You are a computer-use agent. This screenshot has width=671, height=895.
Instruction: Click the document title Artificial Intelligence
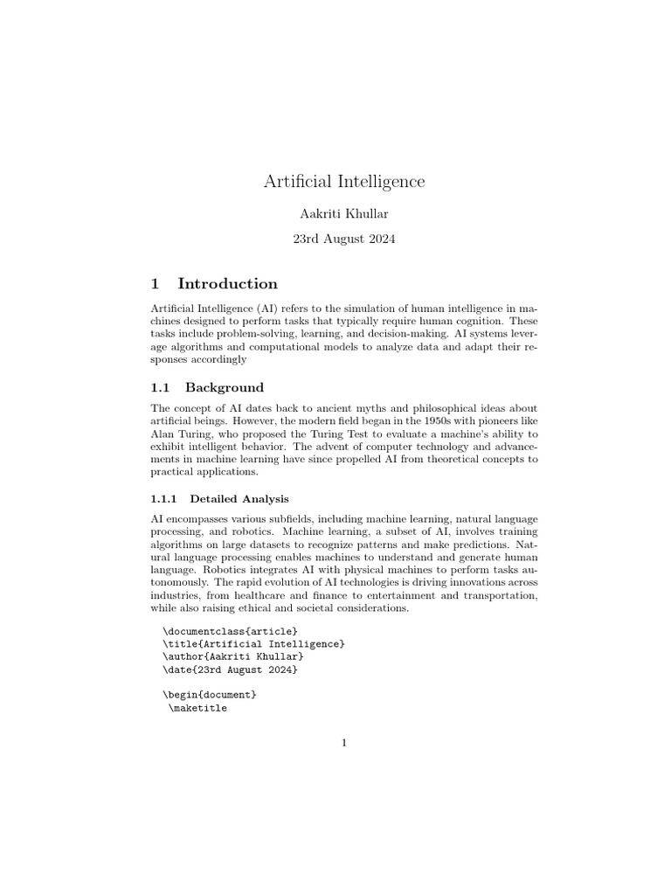(x=344, y=182)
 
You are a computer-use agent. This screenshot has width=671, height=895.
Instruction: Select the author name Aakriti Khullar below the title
(x=344, y=215)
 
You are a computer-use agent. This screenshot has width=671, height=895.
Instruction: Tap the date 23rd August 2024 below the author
(x=344, y=239)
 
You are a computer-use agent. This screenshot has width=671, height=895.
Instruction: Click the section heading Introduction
(x=227, y=283)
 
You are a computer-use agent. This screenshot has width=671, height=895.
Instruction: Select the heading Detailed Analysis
(x=239, y=499)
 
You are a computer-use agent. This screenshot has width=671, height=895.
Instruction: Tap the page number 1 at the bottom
(x=344, y=743)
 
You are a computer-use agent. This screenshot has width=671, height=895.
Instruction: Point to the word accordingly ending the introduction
(x=215, y=358)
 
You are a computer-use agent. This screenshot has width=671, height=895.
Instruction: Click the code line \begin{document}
(x=210, y=694)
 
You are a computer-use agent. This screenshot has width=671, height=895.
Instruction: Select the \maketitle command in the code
(x=197, y=708)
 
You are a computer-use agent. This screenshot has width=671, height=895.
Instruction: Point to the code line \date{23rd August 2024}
(x=230, y=669)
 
